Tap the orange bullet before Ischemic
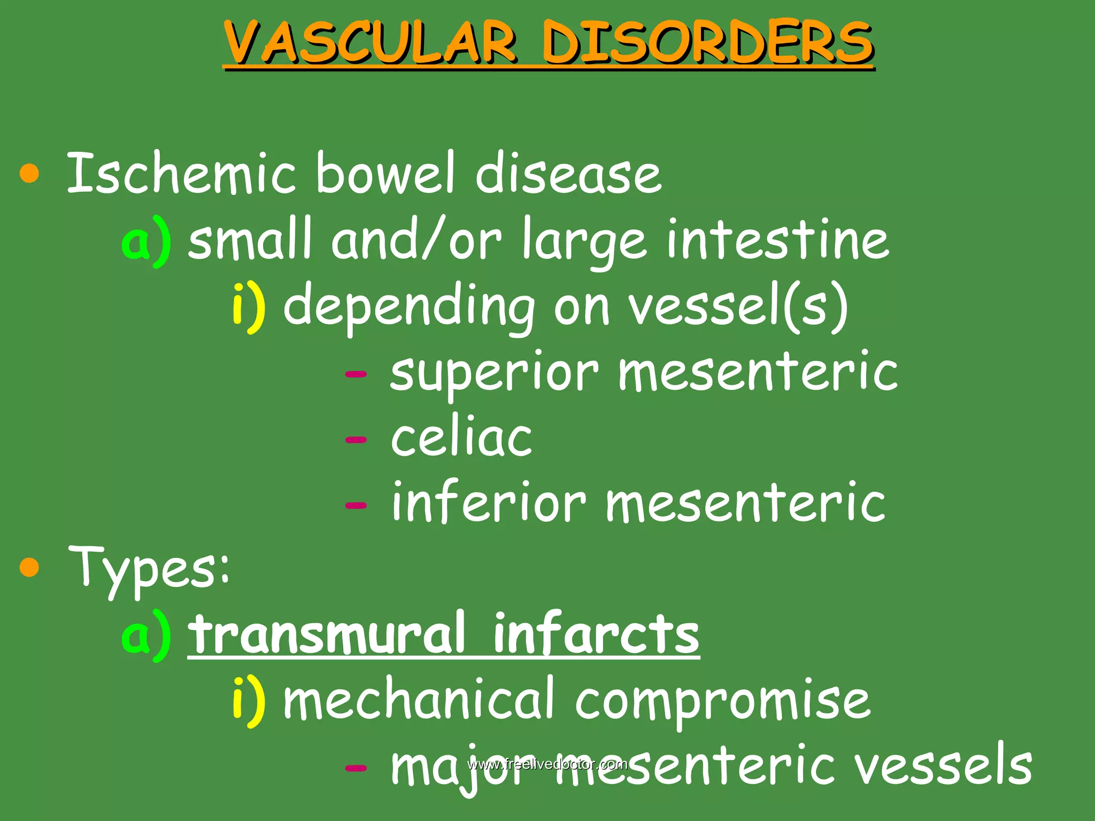click(x=29, y=174)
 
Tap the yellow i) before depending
click(x=249, y=307)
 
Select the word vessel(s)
click(x=738, y=307)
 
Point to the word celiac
click(x=461, y=438)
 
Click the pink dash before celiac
click(x=356, y=440)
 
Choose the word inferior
click(x=489, y=502)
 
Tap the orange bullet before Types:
click(x=29, y=567)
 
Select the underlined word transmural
click(x=326, y=634)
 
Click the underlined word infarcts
click(x=596, y=634)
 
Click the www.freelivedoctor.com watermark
click(x=547, y=764)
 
